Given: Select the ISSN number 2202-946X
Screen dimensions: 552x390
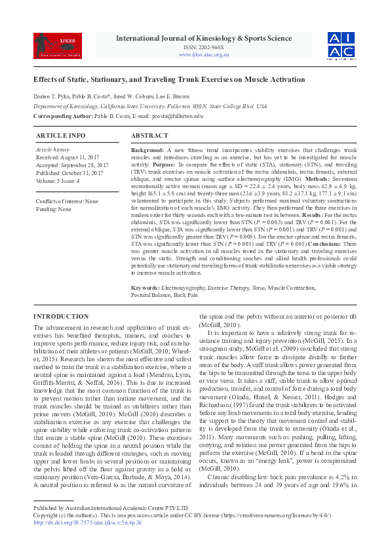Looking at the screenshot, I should pos(204,47).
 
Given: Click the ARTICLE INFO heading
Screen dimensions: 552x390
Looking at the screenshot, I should pos(61,135).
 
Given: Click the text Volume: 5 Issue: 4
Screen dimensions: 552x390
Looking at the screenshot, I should pos(58,180).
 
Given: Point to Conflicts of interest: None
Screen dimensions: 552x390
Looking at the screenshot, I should pos(67,201).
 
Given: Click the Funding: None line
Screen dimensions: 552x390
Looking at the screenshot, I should pos(54,209).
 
